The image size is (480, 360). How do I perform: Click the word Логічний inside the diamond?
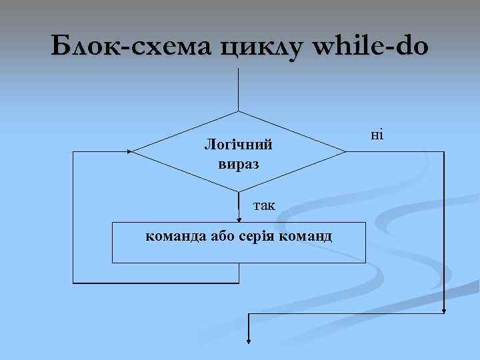tap(239, 144)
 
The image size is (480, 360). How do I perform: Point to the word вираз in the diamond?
tap(239, 163)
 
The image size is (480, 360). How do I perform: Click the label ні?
tap(377, 135)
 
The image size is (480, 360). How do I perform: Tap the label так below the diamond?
tap(265, 205)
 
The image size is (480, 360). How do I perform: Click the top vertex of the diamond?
tap(239, 111)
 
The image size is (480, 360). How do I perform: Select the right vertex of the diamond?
tap(346, 151)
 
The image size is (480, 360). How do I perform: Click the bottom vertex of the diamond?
tap(239, 192)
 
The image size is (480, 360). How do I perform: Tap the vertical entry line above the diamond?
tap(239, 87)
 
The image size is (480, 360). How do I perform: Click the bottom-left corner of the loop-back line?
tap(73, 283)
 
